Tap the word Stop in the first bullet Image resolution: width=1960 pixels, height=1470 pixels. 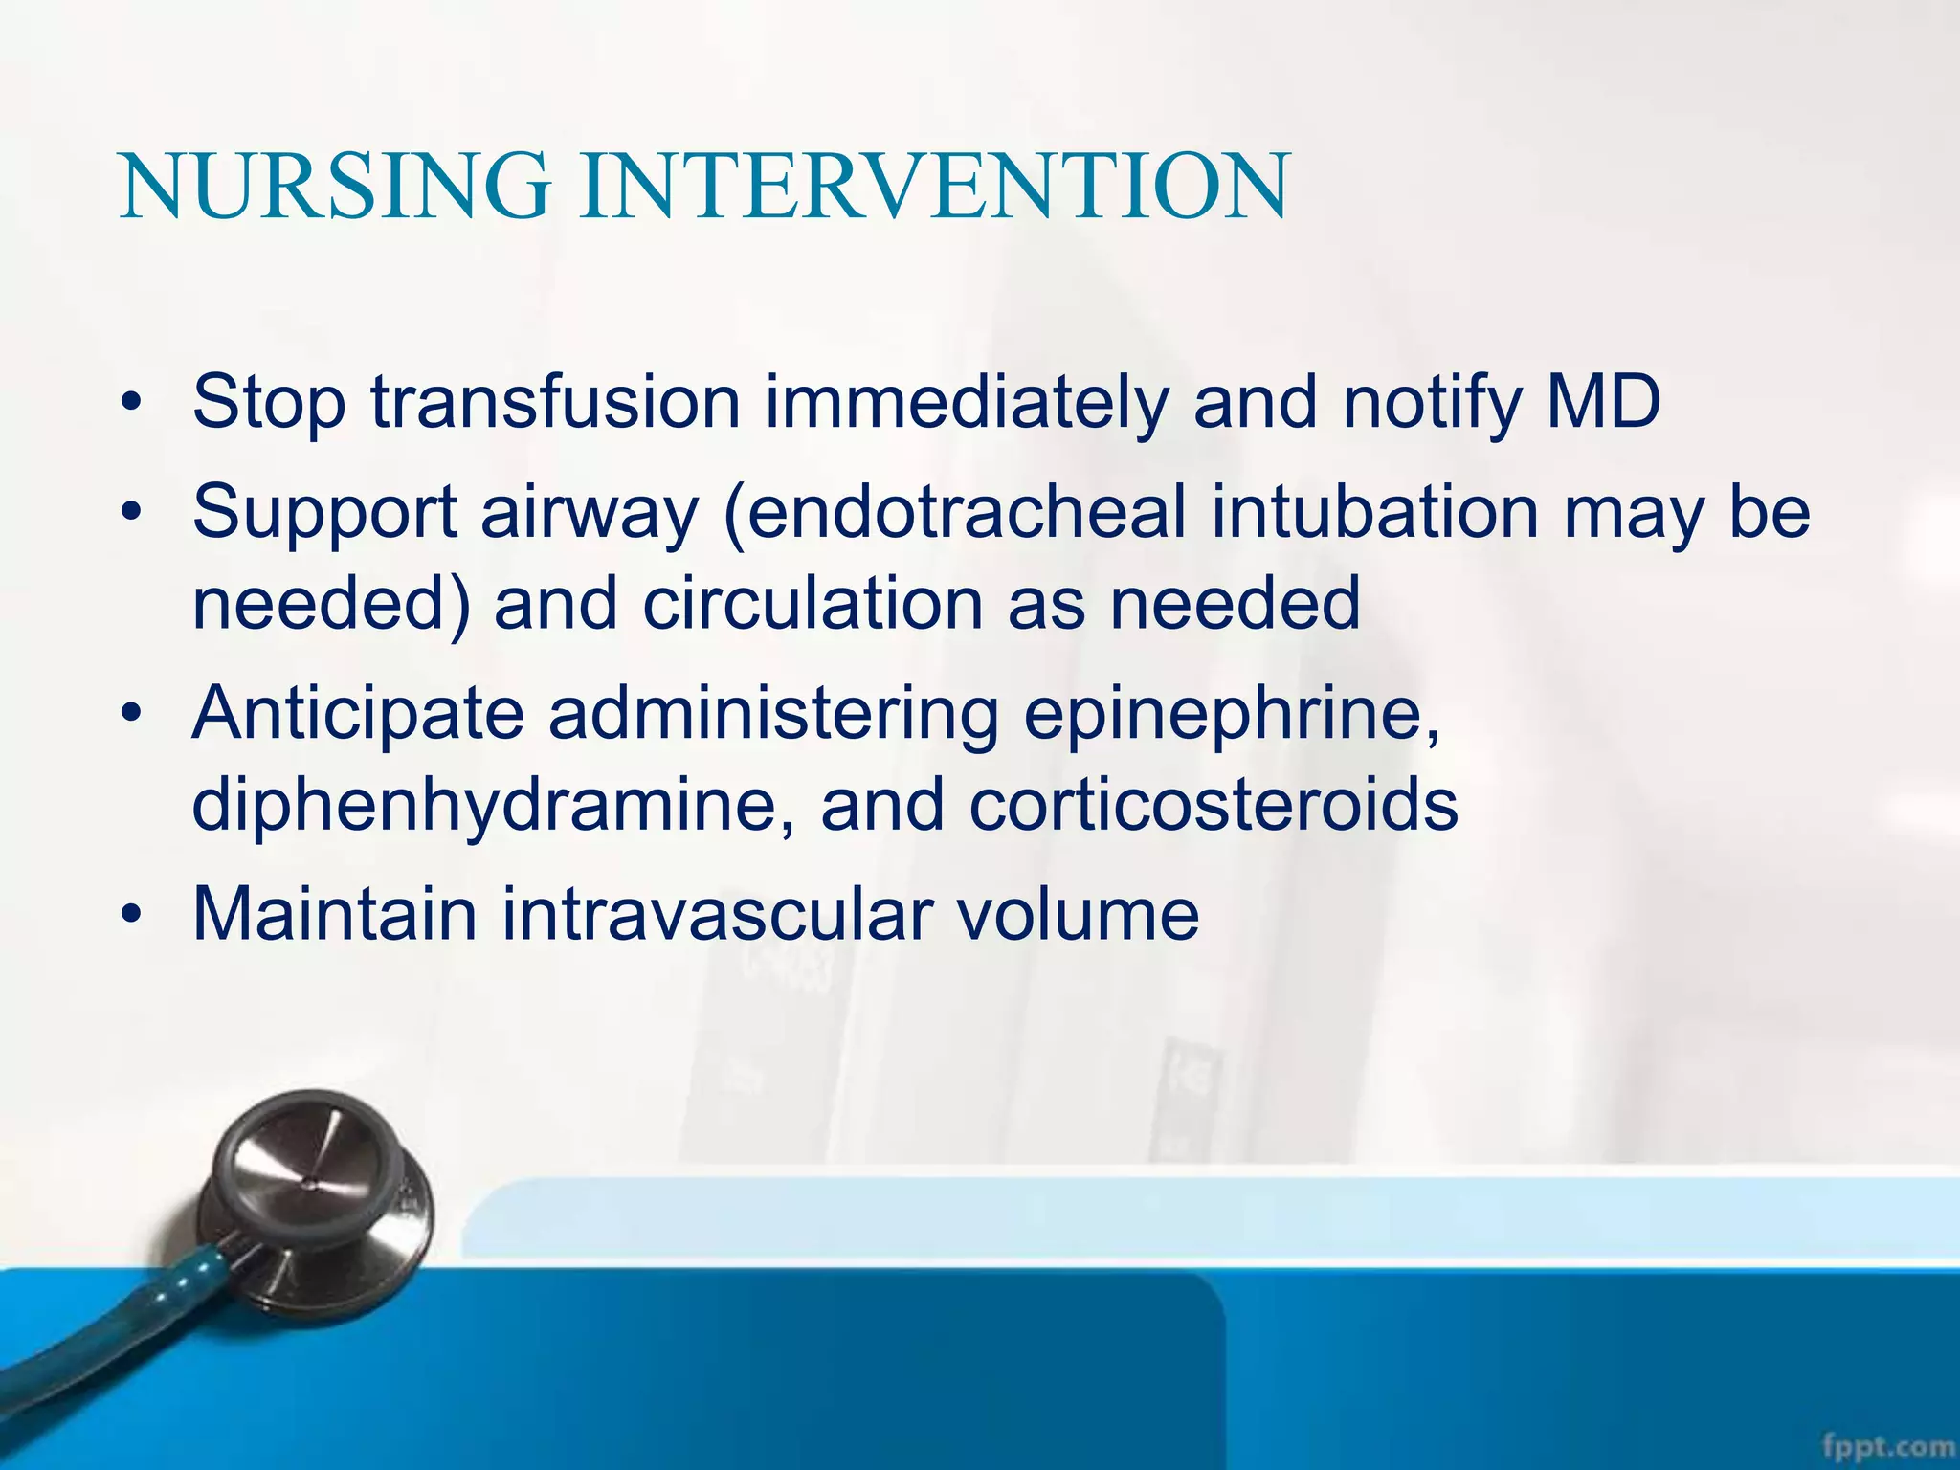[x=269, y=404]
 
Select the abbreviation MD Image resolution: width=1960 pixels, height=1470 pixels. [x=1604, y=402]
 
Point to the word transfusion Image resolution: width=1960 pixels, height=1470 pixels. [x=556, y=402]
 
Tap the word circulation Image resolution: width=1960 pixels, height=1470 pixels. [x=814, y=604]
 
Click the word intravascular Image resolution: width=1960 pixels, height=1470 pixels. [x=718, y=914]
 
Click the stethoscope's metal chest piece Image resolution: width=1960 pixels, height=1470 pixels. [x=316, y=1196]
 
